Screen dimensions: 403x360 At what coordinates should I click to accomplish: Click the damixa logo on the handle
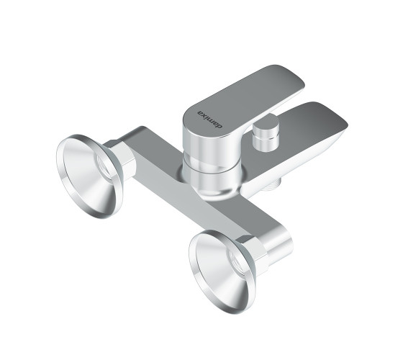tap(210, 120)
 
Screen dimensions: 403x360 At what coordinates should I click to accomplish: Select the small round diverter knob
tap(266, 134)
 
